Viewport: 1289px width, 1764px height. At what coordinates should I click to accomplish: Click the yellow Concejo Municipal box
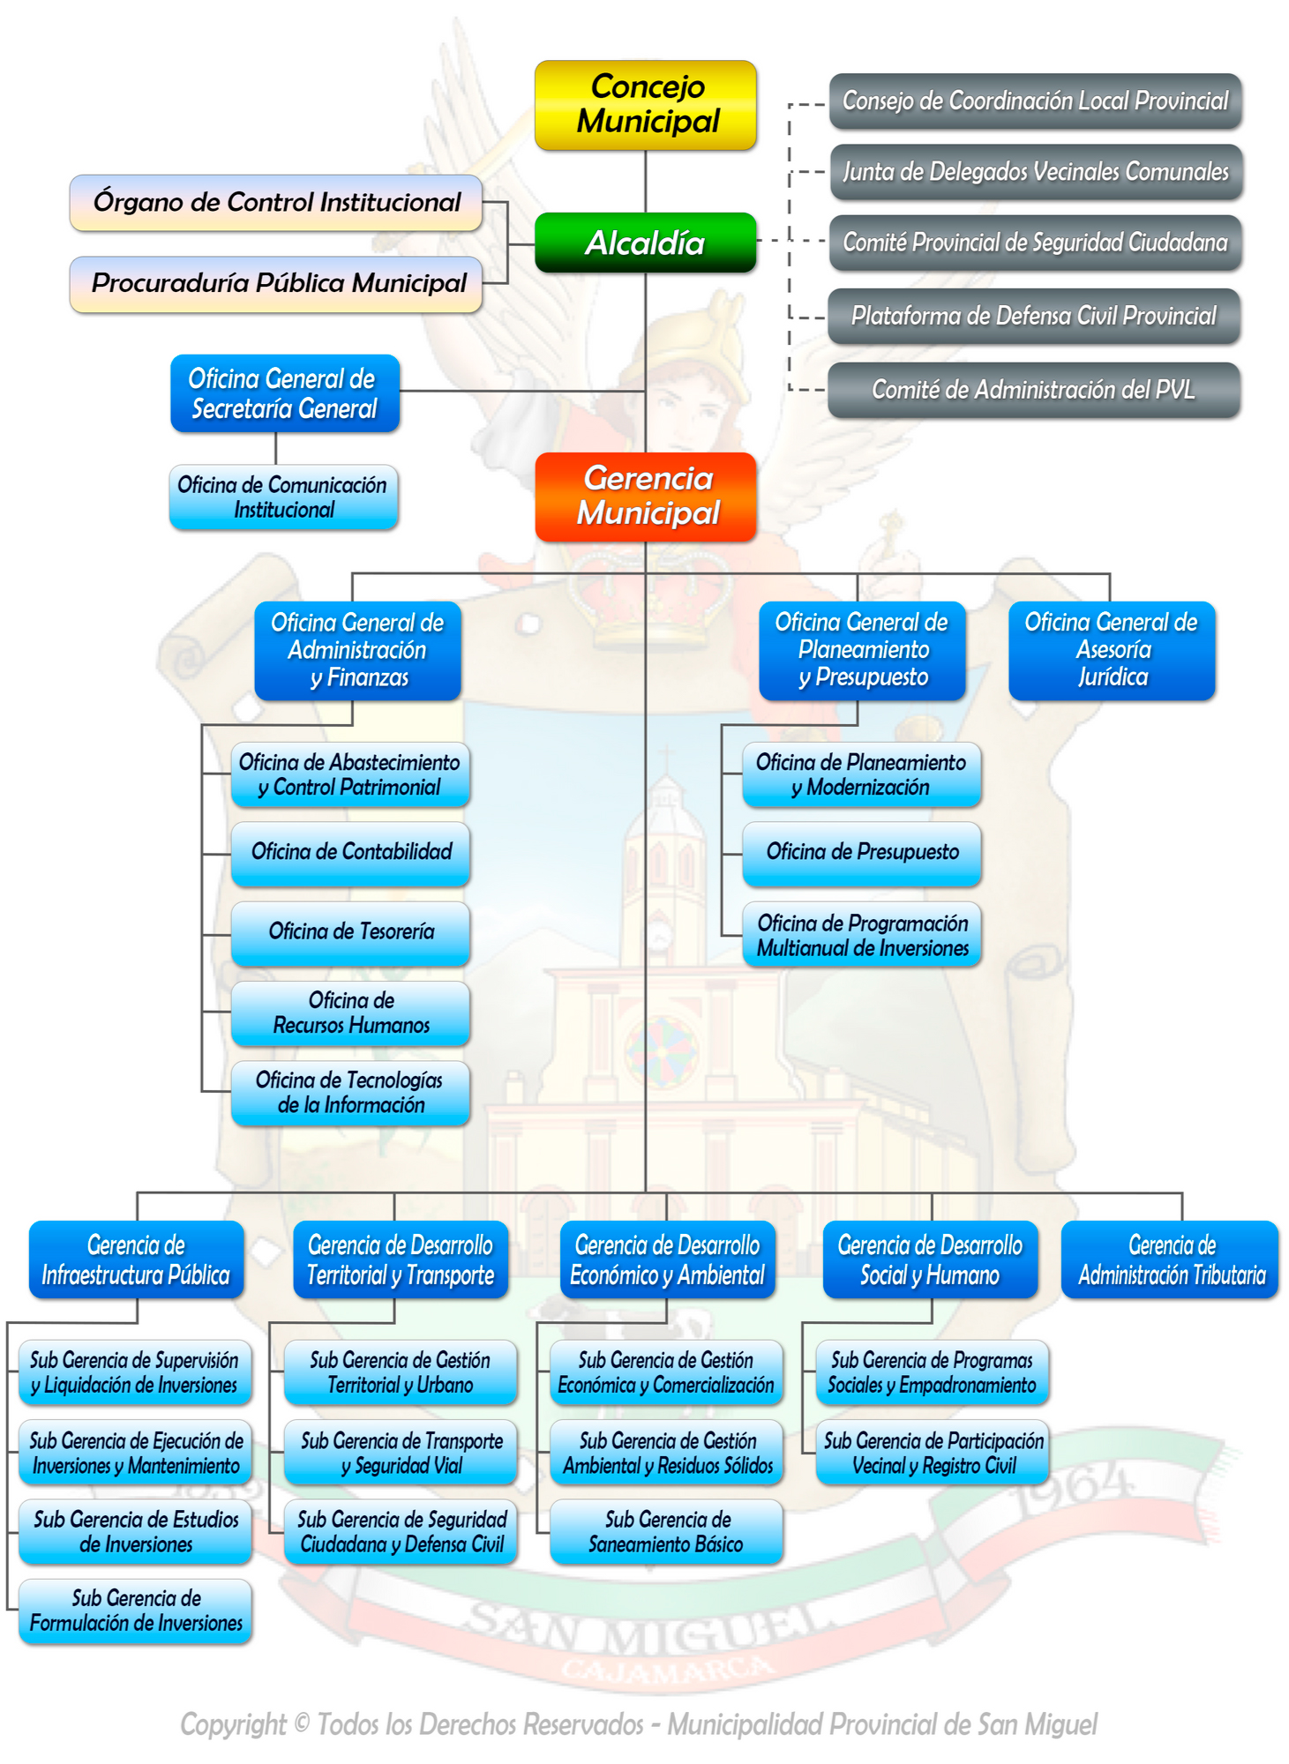(x=645, y=105)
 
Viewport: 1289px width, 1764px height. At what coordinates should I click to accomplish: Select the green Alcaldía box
(x=645, y=243)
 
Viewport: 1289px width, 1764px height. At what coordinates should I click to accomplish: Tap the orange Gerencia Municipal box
(x=645, y=496)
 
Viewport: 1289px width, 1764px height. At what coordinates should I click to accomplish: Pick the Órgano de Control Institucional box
(x=276, y=202)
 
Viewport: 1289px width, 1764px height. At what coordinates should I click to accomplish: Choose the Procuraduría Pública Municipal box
(x=276, y=283)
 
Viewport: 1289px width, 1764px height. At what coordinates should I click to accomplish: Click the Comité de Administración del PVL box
(x=1033, y=390)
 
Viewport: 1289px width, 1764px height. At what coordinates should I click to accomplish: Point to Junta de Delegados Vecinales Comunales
(x=1035, y=172)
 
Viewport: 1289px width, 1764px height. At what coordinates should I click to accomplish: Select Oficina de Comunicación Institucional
(x=283, y=497)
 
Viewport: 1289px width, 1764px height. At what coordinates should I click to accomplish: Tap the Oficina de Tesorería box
(x=350, y=932)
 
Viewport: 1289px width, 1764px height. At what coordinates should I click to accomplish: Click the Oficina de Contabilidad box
(x=350, y=852)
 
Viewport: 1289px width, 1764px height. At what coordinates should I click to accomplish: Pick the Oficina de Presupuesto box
(x=861, y=852)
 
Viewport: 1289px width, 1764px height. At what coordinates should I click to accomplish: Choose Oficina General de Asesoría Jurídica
(x=1111, y=650)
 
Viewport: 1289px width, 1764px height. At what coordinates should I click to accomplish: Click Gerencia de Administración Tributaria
(x=1170, y=1259)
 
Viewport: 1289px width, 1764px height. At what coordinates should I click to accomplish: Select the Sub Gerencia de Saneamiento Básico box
(x=666, y=1532)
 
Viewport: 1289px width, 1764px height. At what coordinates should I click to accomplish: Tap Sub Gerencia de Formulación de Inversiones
(x=135, y=1611)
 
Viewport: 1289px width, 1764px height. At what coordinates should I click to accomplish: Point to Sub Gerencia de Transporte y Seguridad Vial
(x=401, y=1453)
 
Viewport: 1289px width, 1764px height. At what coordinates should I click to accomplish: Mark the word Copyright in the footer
(x=233, y=1724)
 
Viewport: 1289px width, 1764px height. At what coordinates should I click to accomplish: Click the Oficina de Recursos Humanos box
(x=350, y=1013)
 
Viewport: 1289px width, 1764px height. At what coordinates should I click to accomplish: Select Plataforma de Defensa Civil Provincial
(x=1033, y=316)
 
